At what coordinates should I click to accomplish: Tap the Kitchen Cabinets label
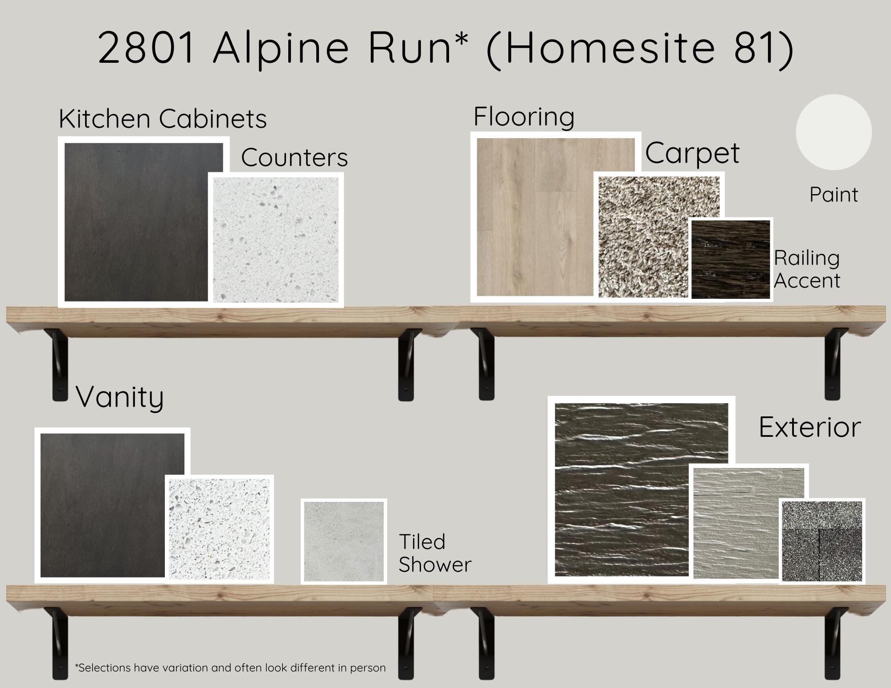(163, 119)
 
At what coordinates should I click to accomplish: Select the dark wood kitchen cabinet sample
(136, 222)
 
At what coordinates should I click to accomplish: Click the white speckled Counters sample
(276, 240)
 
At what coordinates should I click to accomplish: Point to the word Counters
(294, 157)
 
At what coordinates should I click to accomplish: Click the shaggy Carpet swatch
(658, 237)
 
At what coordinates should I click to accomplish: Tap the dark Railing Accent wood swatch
(731, 259)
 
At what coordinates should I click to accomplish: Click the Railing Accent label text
(807, 269)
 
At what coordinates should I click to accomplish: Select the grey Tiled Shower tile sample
(344, 541)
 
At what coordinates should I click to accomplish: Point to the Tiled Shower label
(435, 553)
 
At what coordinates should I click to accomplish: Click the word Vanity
(120, 397)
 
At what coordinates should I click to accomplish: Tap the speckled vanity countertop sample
(220, 529)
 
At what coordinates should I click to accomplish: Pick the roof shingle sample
(822, 541)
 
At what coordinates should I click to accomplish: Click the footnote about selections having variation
(230, 668)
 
